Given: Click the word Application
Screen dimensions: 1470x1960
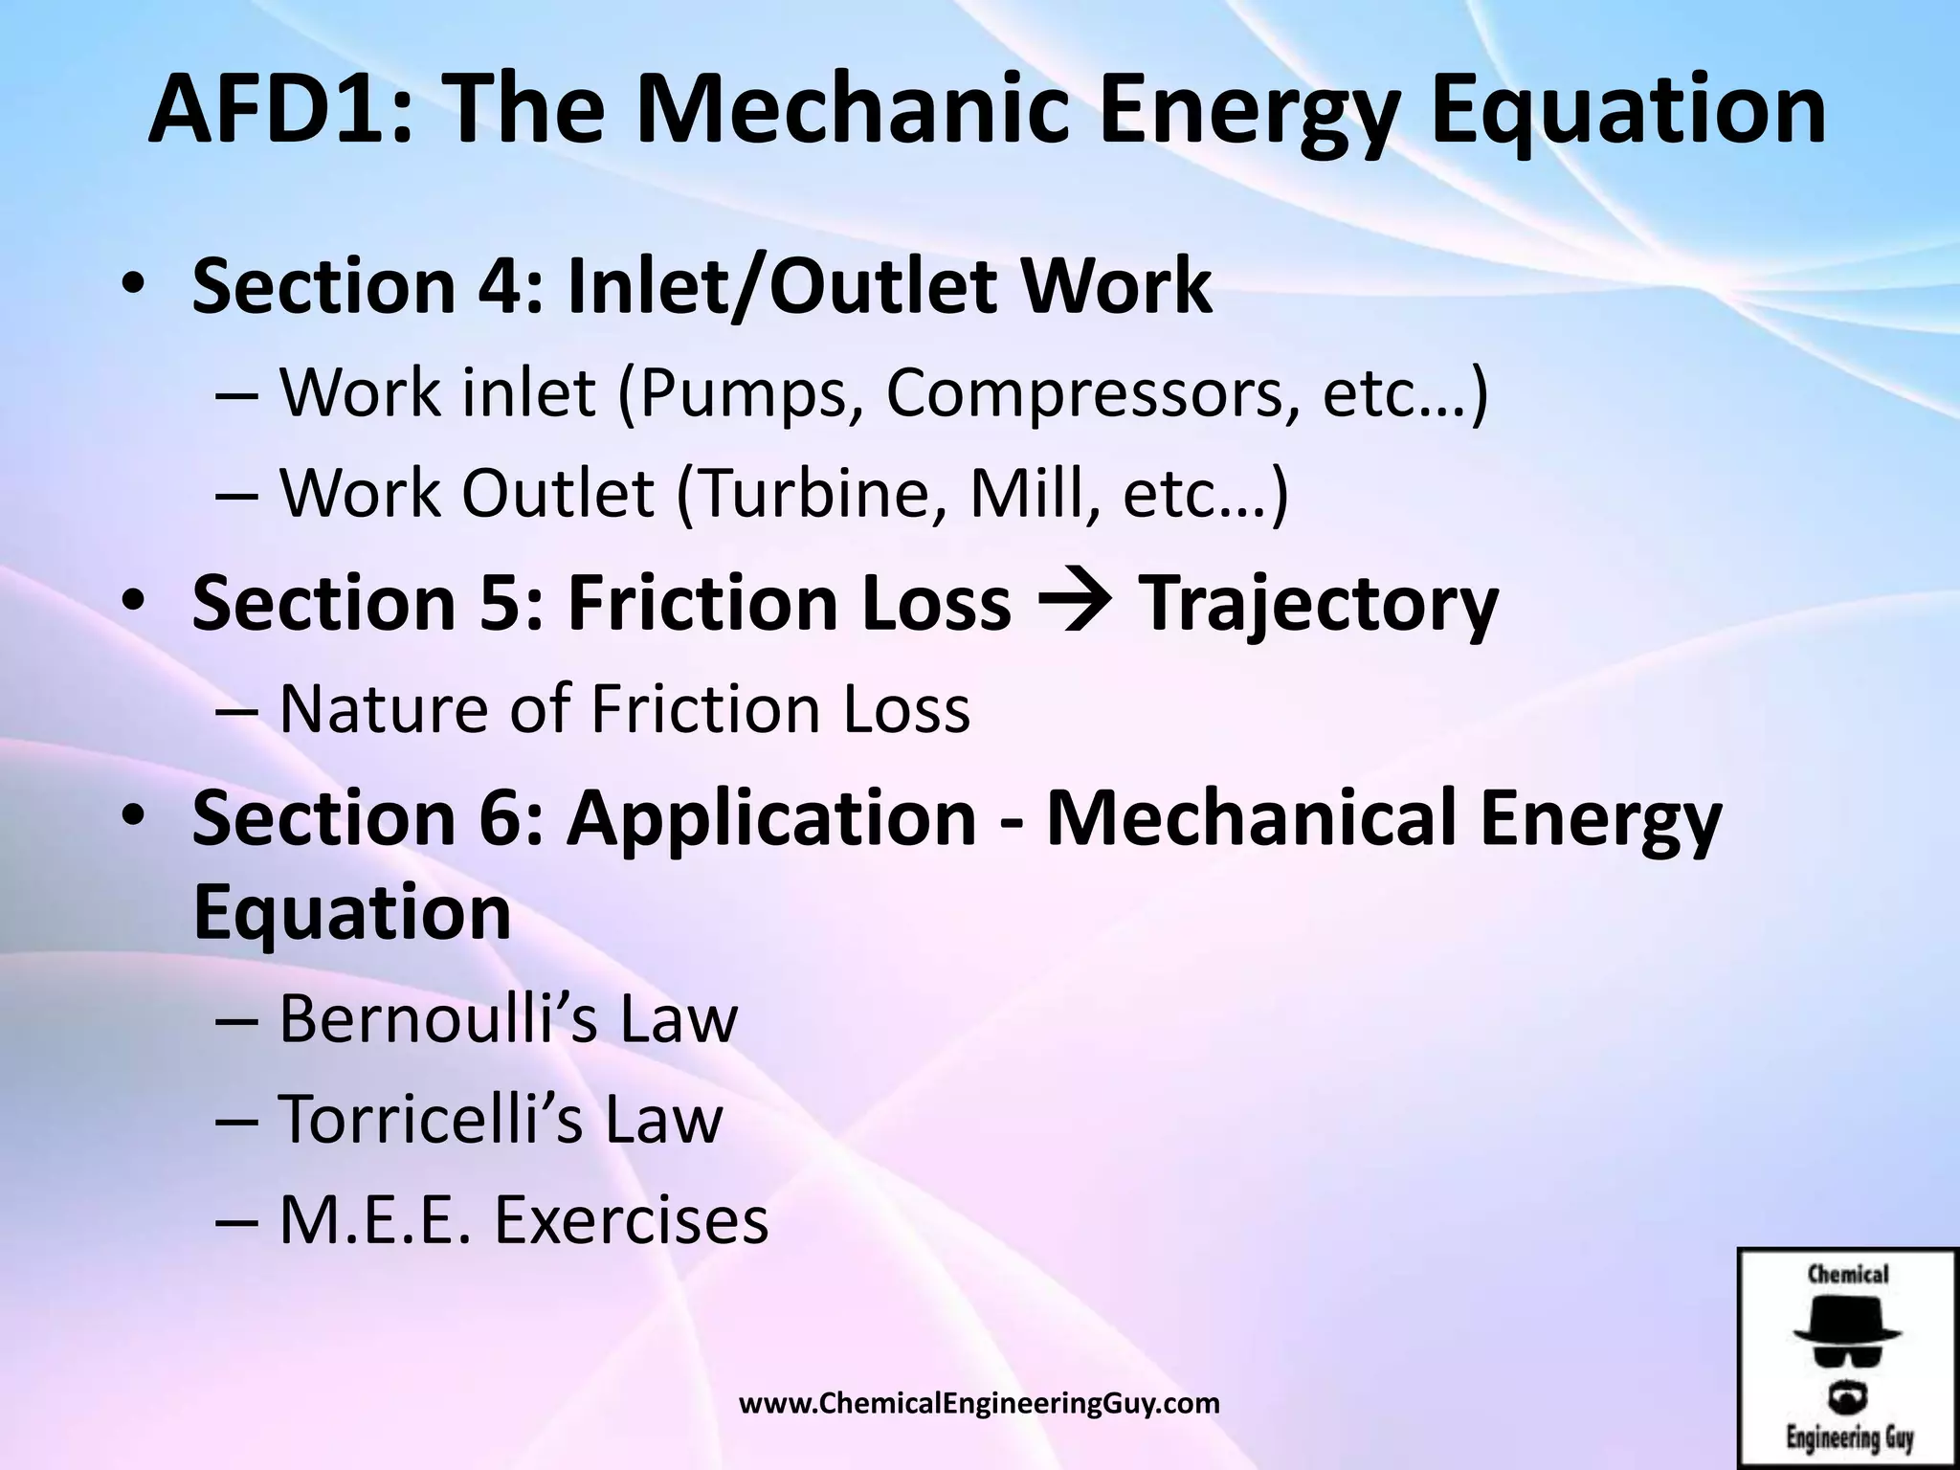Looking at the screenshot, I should click(771, 818).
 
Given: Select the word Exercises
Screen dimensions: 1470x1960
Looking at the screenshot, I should click(632, 1220).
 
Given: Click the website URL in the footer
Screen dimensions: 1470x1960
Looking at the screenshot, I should click(980, 1404).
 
